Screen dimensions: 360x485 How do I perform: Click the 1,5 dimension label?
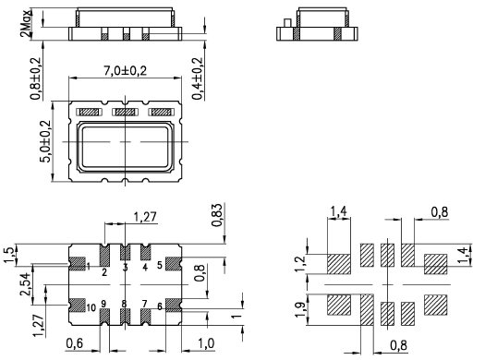[x=9, y=256]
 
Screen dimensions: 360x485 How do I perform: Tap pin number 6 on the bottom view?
[x=160, y=306]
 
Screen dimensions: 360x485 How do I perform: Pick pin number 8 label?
[x=124, y=304]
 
